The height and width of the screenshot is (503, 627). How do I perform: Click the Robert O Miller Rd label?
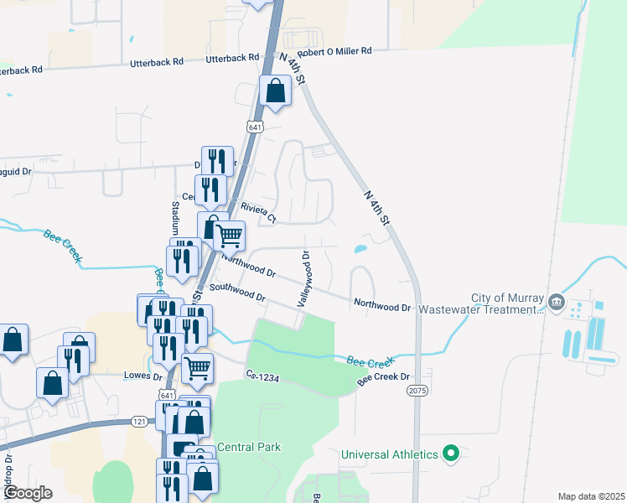point(334,51)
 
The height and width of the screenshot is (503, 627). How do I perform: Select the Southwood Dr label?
point(237,292)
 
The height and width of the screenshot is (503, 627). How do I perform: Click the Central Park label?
point(248,447)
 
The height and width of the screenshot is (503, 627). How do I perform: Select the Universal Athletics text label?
point(390,454)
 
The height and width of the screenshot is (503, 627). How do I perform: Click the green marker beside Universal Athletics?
point(451,454)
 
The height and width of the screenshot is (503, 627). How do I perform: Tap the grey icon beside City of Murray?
point(557,301)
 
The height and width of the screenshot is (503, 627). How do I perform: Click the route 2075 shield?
point(417,391)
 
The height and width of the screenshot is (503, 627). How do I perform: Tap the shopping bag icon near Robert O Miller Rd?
point(275,91)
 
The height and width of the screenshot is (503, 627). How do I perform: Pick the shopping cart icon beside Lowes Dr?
point(197,366)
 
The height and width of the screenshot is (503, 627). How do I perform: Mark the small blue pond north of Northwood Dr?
point(360,248)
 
